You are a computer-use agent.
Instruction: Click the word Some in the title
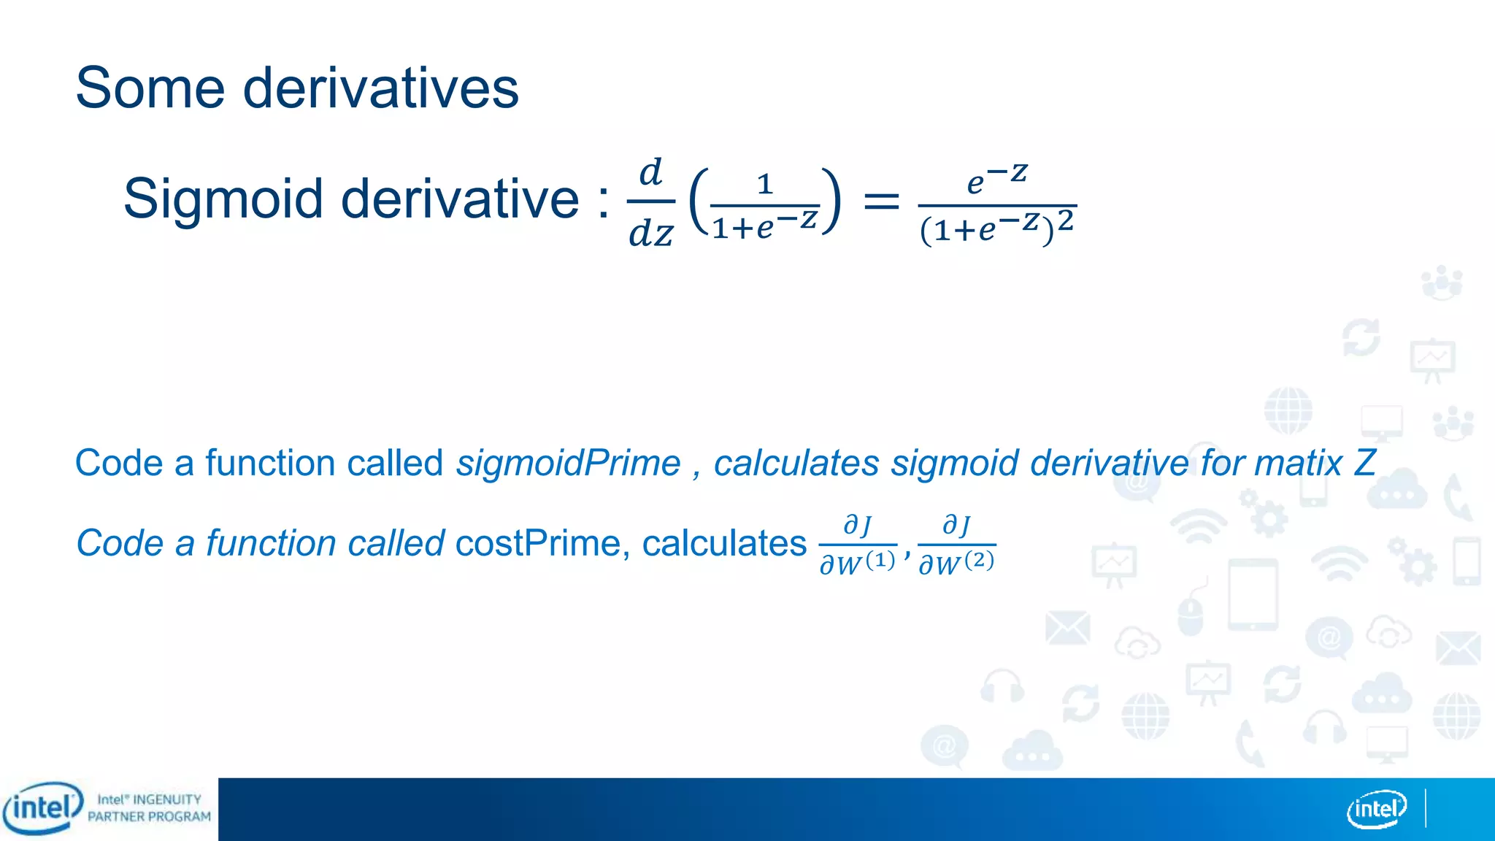click(x=149, y=88)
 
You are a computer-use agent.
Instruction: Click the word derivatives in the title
click(x=380, y=88)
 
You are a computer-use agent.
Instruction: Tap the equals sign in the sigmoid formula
click(x=880, y=201)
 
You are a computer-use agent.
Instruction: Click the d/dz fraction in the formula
click(x=650, y=203)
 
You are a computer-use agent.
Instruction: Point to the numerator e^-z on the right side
click(x=996, y=179)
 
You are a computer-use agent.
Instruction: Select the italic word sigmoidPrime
click(x=568, y=464)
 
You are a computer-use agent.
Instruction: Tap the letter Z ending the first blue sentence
click(x=1365, y=464)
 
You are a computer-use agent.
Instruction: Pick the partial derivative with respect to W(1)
click(x=857, y=545)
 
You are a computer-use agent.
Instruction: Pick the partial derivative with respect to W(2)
click(x=956, y=545)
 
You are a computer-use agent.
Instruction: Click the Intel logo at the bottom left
click(x=42, y=807)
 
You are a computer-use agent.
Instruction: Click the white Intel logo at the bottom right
click(x=1376, y=809)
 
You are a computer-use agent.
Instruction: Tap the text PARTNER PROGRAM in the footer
click(x=149, y=817)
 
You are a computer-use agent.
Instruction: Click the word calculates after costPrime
click(x=724, y=544)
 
